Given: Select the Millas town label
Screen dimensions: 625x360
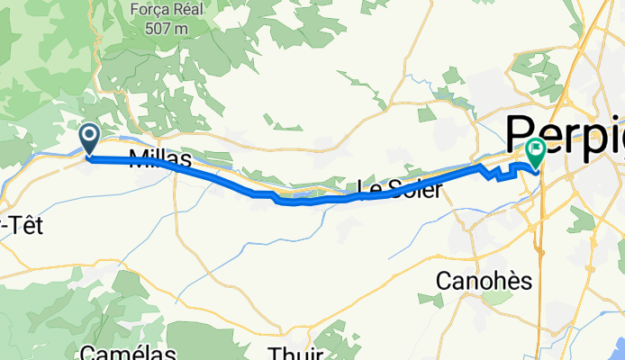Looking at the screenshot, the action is [160, 159].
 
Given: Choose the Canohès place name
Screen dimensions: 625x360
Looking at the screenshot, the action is [484, 281].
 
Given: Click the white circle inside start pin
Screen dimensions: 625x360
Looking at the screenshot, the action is [90, 136].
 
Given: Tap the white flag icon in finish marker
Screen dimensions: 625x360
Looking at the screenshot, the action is [537, 149].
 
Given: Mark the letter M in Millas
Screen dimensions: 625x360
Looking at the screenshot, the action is [138, 159].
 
